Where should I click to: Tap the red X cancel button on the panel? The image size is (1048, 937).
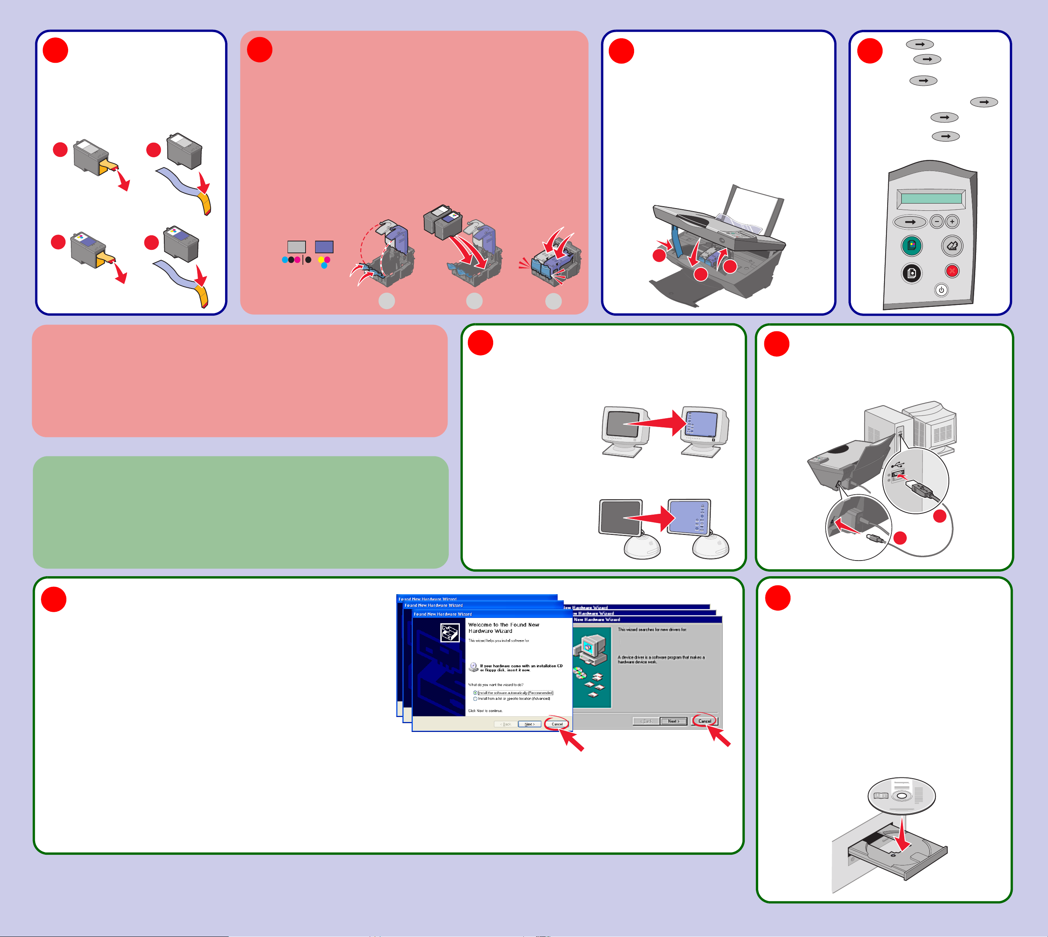[x=952, y=271]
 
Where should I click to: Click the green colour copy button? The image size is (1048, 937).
[x=911, y=246]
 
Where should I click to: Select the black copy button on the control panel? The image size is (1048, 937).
[x=911, y=273]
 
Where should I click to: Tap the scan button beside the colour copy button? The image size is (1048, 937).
[x=952, y=246]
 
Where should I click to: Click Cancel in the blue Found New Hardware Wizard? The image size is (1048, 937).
[x=557, y=724]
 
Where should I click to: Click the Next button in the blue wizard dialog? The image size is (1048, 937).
[x=529, y=724]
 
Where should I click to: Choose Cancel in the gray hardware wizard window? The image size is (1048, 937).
[x=704, y=721]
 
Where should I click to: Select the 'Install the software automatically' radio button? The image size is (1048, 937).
[x=475, y=693]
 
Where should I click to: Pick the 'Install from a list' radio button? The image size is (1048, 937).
[x=475, y=699]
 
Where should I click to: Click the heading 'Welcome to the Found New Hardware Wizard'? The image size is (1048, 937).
[x=504, y=627]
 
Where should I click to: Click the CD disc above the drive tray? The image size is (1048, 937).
[x=901, y=795]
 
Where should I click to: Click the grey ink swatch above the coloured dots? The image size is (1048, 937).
[x=296, y=247]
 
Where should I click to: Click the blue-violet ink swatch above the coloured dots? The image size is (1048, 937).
[x=324, y=247]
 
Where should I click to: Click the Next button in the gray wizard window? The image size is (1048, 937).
[x=673, y=721]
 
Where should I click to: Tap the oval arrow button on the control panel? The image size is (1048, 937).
[x=910, y=222]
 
